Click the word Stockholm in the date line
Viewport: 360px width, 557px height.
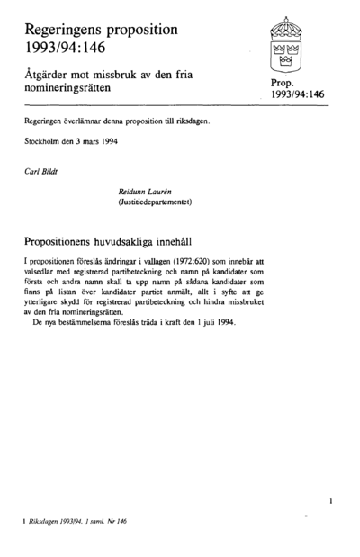43,142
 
